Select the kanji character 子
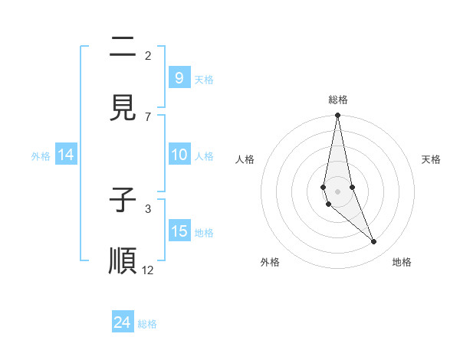[123, 201]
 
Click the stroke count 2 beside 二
[148, 55]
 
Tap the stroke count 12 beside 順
[148, 270]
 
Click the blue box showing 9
[179, 77]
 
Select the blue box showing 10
[179, 155]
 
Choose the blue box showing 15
[179, 231]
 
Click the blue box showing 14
[66, 155]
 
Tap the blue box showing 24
[122, 322]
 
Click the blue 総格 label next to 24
[147, 324]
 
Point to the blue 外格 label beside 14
[41, 156]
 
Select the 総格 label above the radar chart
[338, 100]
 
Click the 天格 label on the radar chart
[432, 159]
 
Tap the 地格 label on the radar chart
[402, 262]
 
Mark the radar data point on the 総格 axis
[337, 116]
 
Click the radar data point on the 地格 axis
[374, 242]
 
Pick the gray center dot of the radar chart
[337, 191]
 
